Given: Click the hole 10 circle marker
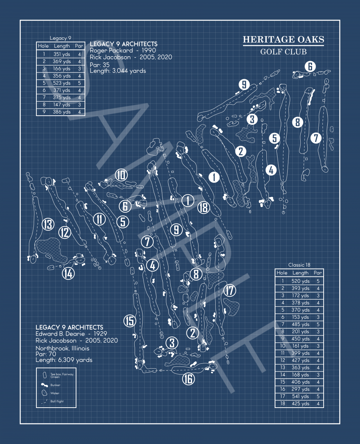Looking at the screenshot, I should (121, 175).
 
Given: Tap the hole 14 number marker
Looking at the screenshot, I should (68, 273).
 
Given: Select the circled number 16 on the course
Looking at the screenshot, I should (188, 378).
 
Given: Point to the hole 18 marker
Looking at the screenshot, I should (203, 207).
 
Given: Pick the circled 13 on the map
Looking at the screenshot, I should (48, 224).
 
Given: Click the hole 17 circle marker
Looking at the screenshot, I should (229, 290).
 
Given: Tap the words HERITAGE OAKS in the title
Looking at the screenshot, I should (283, 40).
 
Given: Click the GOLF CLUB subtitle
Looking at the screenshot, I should (283, 52).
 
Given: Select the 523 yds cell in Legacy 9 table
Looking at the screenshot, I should (62, 83).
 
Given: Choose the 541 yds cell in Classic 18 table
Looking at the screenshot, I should (301, 396).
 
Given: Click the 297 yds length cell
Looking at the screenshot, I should (301, 389).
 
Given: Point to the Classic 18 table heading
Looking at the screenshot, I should (299, 265).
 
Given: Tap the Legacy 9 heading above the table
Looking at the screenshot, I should (60, 38).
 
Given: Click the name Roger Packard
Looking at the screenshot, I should (111, 50).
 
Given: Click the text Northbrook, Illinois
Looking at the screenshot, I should (62, 348).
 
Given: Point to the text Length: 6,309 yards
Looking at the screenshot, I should (64, 360).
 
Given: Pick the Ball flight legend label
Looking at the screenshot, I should (57, 401).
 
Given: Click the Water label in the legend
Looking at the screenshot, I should (55, 393).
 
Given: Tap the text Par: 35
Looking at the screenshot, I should (100, 65).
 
